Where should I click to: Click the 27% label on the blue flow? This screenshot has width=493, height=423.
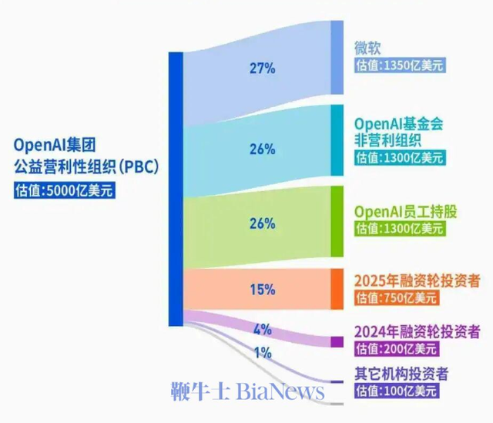pos(262,68)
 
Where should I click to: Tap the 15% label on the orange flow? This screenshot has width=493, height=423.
pos(262,290)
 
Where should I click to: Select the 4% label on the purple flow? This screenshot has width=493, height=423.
pos(262,329)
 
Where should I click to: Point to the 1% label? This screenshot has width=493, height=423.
pos(262,353)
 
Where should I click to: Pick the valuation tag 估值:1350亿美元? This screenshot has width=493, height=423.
pos(399,66)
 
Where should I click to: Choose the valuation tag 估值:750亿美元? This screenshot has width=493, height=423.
pos(396,297)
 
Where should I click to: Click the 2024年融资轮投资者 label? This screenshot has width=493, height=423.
pos(417,331)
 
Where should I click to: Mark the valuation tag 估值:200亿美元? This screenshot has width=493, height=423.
pos(396,349)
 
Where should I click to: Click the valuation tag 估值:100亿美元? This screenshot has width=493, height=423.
pos(396,391)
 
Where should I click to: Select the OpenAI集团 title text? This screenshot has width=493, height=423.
pos(56,144)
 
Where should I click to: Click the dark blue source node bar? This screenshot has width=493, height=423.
pos(176,189)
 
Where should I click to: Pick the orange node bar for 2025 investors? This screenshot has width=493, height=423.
pos(337,289)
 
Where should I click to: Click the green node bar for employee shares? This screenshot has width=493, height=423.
pos(337,221)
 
